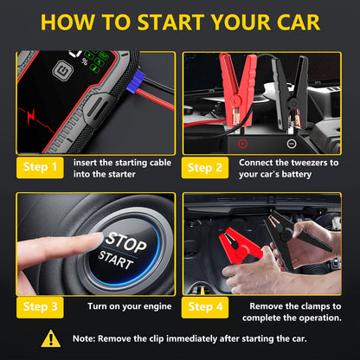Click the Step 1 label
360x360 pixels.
(x=39, y=167)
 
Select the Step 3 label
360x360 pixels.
(x=39, y=305)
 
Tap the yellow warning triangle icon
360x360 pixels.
(x=51, y=339)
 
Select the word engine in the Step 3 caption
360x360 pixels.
(x=152, y=305)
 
